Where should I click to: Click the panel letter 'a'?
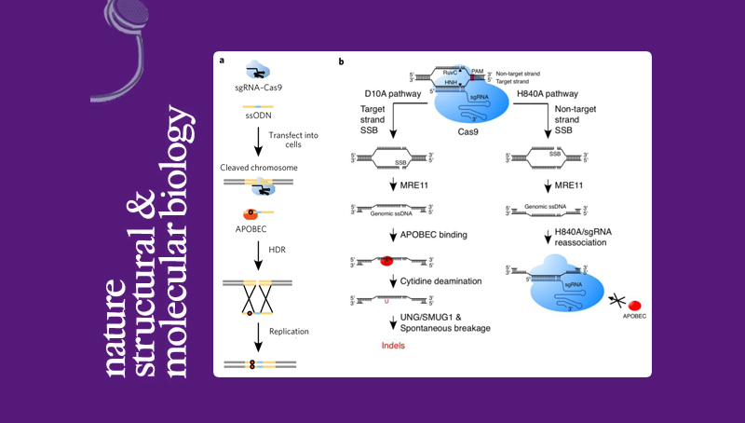(x=222, y=61)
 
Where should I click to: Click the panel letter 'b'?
(x=342, y=61)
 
